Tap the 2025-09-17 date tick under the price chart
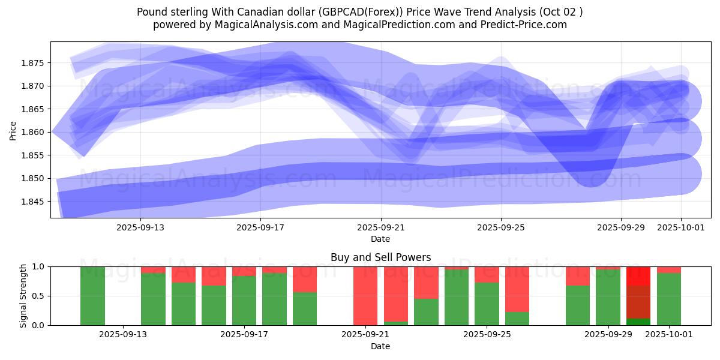pyautogui.click(x=260, y=227)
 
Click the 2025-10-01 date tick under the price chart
pyautogui.click(x=681, y=227)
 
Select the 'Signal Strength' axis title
pyautogui.click(x=23, y=296)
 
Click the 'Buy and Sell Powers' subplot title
pyautogui.click(x=380, y=257)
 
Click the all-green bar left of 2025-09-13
pyautogui.click(x=92, y=296)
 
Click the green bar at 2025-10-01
pyautogui.click(x=669, y=299)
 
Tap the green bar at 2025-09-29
pyautogui.click(x=608, y=298)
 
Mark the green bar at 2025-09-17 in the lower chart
pyautogui.click(x=244, y=300)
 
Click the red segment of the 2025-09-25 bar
pyautogui.click(x=487, y=274)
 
